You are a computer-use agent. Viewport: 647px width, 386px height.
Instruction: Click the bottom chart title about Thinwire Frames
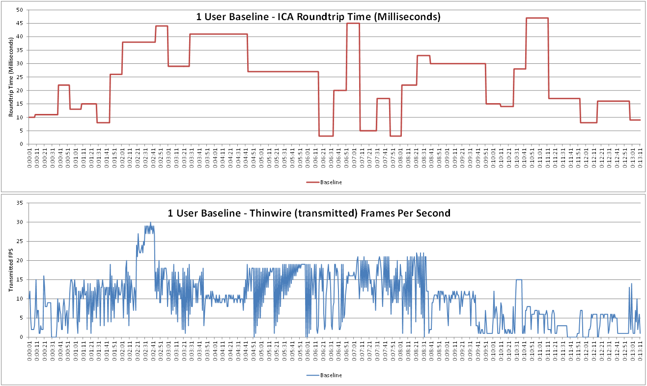coord(309,213)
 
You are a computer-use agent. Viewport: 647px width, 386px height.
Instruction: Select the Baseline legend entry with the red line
coord(324,182)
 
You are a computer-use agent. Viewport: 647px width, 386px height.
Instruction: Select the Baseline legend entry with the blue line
coord(324,375)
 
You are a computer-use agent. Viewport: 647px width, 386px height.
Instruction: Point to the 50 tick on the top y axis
coord(20,10)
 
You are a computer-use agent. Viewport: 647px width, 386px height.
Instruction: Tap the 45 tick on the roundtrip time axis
coord(20,23)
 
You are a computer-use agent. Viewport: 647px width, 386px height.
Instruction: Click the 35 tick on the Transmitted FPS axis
coord(20,203)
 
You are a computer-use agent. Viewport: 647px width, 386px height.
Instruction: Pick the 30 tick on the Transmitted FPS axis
coord(20,222)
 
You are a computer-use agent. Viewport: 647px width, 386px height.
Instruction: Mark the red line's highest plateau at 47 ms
coord(537,18)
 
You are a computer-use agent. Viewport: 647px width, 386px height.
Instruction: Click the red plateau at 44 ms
coord(162,26)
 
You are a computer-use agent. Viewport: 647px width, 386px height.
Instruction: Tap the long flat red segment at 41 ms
coord(218,34)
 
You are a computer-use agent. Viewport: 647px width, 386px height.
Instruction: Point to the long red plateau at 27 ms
coord(283,72)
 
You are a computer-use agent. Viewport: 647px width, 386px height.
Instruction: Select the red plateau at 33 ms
coord(423,55)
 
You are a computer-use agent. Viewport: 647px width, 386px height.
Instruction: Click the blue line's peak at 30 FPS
coord(150,222)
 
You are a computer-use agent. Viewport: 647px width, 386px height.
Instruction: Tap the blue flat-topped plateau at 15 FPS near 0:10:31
coord(519,280)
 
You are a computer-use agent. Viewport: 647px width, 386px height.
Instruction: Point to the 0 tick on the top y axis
coord(22,144)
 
